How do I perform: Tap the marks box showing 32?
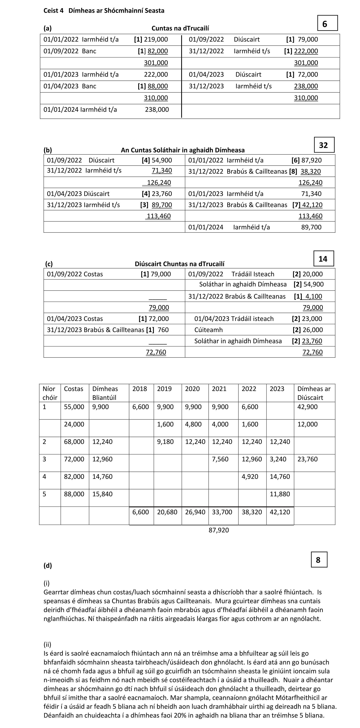point(324,145)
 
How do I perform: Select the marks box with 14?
point(324,259)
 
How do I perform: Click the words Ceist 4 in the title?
point(53,11)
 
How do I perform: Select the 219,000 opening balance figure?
point(156,40)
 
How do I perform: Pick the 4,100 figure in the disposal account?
point(314,296)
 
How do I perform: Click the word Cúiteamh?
point(209,330)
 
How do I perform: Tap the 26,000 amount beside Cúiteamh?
point(312,330)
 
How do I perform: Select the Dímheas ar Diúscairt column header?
point(314,393)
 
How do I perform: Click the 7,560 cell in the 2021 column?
point(220,459)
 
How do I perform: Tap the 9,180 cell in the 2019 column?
point(165,442)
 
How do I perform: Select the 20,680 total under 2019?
point(167,512)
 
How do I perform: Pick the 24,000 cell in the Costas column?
point(74,424)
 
